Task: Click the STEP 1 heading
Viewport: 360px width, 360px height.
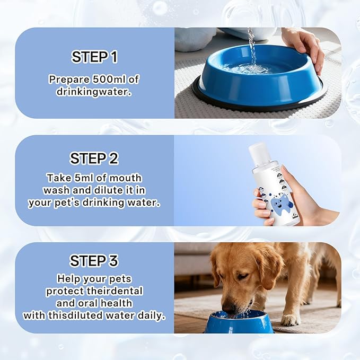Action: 94,57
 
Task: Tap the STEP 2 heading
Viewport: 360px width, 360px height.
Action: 94,159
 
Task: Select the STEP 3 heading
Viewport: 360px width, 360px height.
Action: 94,261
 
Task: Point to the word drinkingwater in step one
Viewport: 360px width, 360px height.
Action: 94,91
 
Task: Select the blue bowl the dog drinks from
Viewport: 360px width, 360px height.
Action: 239,322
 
